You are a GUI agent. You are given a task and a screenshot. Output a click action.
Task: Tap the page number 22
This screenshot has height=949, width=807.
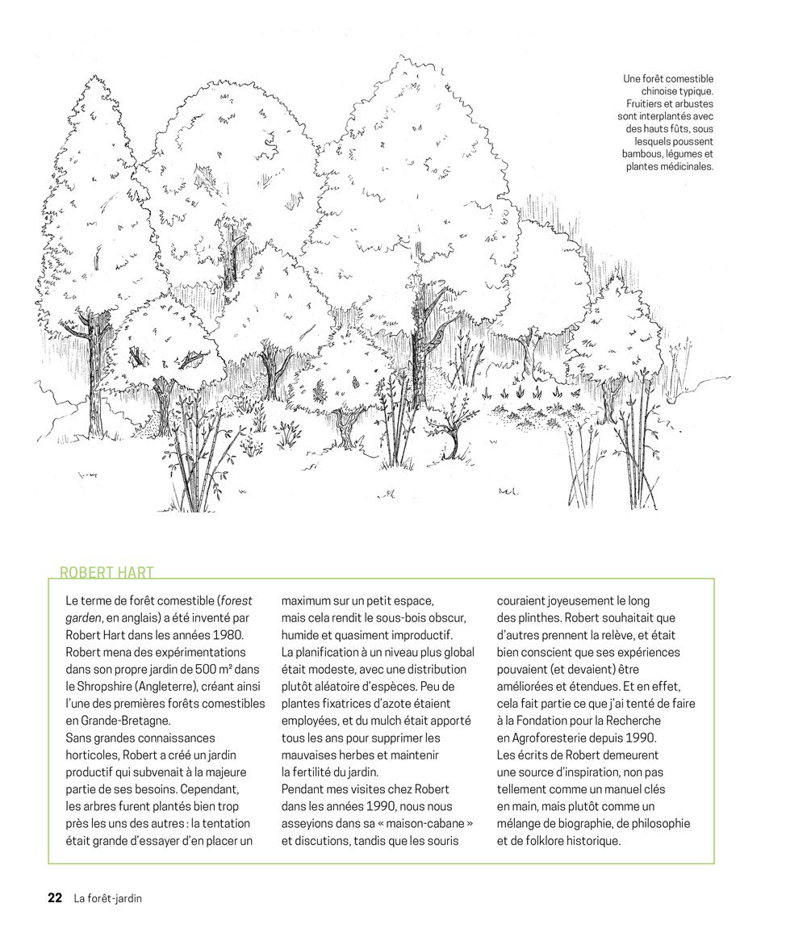[x=55, y=897]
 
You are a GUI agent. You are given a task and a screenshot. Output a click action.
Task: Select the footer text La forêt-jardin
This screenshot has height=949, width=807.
[x=107, y=897]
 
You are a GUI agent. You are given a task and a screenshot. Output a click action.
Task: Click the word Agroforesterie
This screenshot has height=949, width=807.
[x=558, y=738]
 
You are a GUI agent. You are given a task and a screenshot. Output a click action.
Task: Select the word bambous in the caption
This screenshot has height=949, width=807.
[x=643, y=153]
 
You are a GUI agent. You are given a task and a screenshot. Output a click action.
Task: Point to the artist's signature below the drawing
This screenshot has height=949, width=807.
[x=507, y=491]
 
